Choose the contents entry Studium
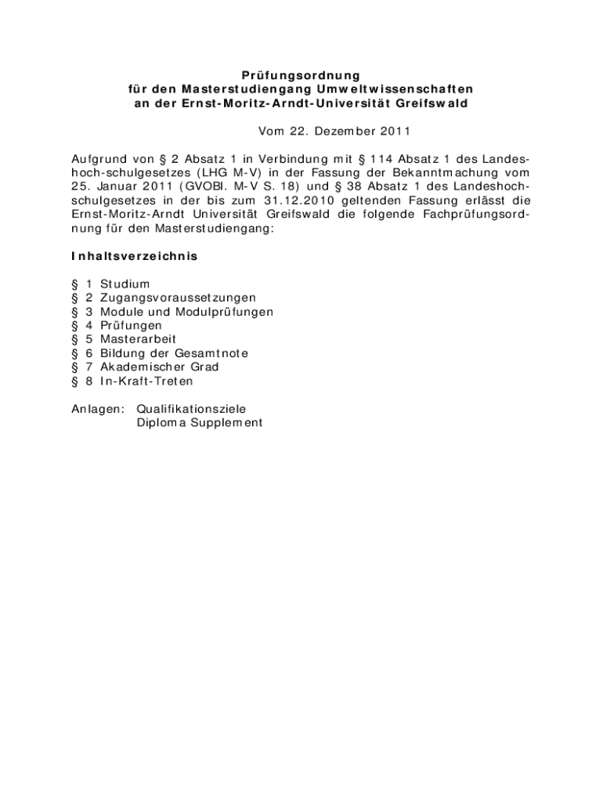pos(125,284)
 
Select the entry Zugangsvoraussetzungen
pos(178,298)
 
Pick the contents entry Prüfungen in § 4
pos(131,325)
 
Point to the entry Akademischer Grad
pos(159,367)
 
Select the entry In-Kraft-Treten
pos(146,381)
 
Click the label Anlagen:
pos(93,408)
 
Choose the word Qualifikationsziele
pos(191,408)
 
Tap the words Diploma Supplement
pos(199,422)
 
